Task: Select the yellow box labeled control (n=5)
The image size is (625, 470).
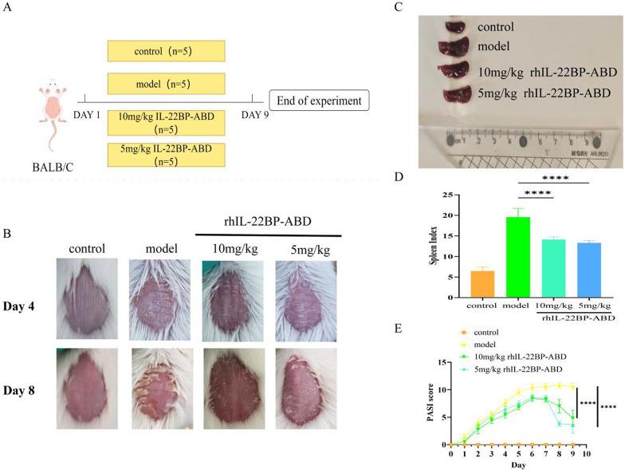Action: [x=166, y=52]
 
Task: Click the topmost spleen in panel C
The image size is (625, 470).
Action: [x=458, y=28]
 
